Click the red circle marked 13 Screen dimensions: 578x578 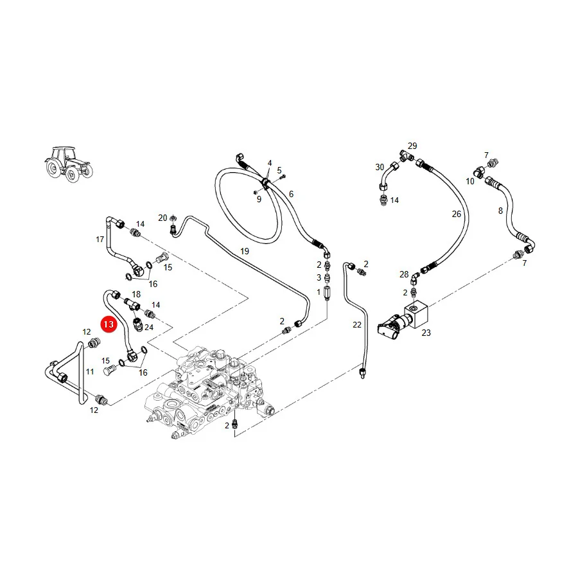click(x=109, y=324)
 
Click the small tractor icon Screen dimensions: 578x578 click(x=69, y=164)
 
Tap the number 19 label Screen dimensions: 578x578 click(x=245, y=251)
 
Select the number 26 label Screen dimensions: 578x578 click(x=457, y=214)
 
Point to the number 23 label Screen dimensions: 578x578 click(x=426, y=333)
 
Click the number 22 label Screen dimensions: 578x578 click(x=357, y=325)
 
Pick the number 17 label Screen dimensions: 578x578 click(x=100, y=240)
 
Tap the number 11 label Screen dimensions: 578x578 click(x=90, y=372)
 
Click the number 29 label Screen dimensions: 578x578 click(x=412, y=146)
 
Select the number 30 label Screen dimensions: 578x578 click(x=380, y=168)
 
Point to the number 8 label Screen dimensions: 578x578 click(x=500, y=211)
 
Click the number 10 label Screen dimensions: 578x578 click(x=470, y=181)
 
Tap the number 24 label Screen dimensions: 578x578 click(x=149, y=328)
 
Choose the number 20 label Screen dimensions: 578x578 click(x=162, y=218)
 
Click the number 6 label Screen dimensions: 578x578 click(x=291, y=194)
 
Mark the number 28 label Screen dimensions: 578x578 click(x=404, y=275)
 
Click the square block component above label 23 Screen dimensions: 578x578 click(x=417, y=314)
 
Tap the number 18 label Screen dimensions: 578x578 click(x=136, y=295)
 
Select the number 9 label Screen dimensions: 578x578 click(x=259, y=200)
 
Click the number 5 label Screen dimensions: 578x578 click(x=279, y=170)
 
